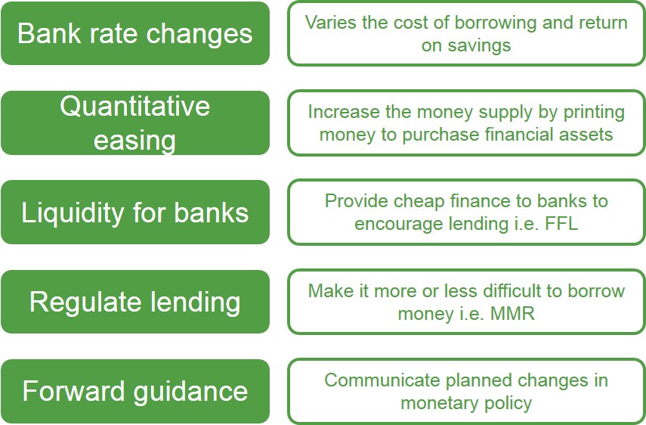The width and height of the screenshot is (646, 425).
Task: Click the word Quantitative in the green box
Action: point(134,107)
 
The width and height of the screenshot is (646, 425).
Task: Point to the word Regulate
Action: point(84,302)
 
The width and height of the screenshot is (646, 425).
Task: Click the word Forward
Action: point(73,391)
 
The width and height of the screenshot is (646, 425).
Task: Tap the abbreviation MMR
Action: point(512,314)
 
